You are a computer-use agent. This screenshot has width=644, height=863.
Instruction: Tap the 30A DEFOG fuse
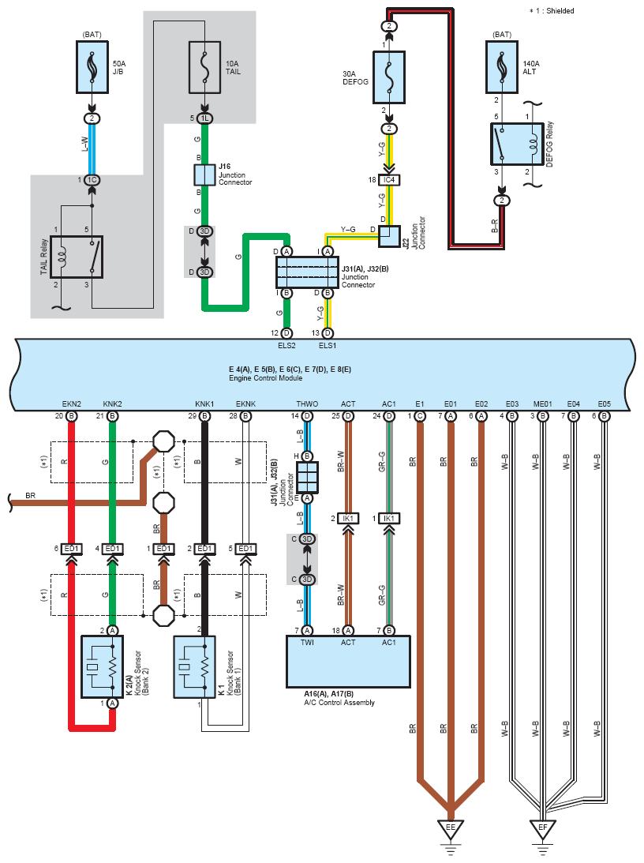389,77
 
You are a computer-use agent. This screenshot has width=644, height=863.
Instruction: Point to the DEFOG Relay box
518,144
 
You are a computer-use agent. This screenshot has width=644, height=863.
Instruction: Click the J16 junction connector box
204,175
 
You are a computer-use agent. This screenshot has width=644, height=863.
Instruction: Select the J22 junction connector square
389,237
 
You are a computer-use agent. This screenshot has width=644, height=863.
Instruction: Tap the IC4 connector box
389,180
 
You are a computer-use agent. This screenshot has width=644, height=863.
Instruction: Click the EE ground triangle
451,829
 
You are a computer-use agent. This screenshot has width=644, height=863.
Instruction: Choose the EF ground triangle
543,829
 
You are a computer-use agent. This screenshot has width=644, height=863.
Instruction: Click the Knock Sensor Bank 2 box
103,667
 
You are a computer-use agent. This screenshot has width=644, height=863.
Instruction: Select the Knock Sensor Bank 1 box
195,667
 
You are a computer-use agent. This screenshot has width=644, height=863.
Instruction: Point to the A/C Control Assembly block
348,662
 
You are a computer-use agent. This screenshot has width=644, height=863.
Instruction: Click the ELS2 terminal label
286,346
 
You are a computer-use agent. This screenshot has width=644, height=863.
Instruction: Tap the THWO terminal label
307,404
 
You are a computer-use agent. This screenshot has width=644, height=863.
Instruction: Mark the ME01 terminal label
543,404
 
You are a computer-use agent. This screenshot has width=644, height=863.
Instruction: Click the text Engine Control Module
266,378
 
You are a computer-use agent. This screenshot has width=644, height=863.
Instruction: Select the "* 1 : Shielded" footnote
552,11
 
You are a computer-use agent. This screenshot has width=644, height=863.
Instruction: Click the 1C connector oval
92,180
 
